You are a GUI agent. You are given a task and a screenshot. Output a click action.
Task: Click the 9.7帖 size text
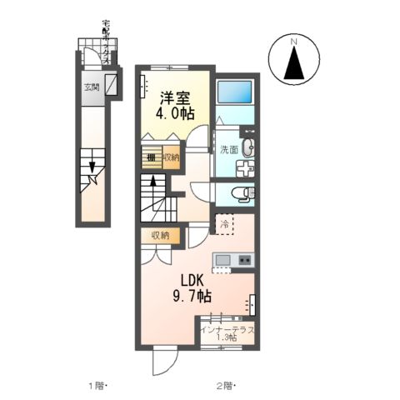[191, 296]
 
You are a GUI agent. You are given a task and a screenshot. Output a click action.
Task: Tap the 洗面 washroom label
[229, 151]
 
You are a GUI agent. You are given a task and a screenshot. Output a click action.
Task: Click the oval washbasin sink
[251, 147]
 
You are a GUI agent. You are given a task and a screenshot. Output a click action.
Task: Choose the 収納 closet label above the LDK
[160, 236]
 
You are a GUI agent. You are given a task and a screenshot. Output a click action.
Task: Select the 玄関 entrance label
[90, 87]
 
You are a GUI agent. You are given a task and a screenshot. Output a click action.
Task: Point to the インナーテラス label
[227, 330]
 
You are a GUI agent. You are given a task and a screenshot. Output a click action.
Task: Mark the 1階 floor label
[97, 385]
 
